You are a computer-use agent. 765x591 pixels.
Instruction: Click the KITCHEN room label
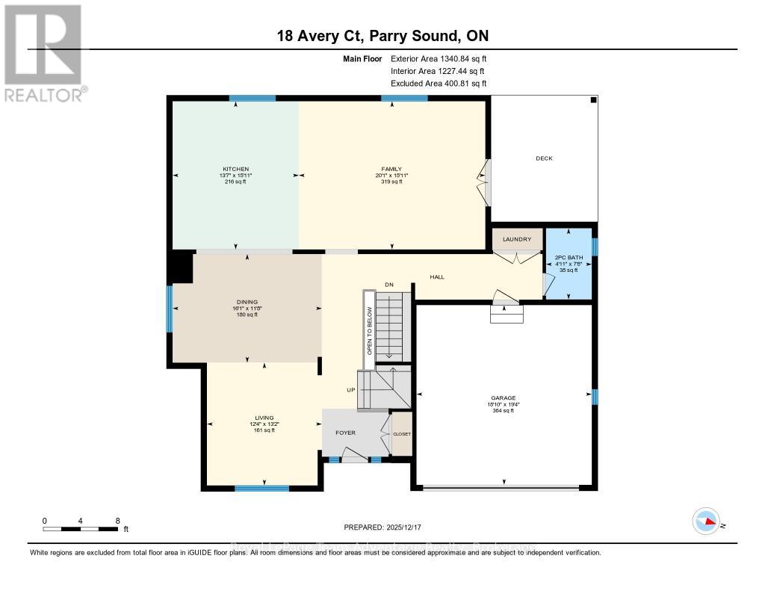point(235,169)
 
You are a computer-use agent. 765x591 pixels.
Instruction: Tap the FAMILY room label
point(392,169)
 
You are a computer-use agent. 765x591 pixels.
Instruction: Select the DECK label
point(544,158)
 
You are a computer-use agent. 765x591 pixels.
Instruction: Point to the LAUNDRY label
point(517,240)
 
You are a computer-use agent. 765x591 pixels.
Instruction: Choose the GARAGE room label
point(504,398)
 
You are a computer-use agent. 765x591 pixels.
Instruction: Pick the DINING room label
point(247,303)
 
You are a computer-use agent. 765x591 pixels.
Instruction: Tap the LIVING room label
point(264,418)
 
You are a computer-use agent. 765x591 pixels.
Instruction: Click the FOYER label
point(345,433)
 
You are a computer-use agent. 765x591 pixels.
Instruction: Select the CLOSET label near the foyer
point(402,434)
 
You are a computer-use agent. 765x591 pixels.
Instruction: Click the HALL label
point(437,277)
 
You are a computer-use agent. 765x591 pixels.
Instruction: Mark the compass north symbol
point(706,521)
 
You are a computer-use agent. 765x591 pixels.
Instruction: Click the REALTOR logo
point(45,52)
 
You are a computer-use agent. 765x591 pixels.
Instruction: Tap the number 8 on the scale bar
point(117,520)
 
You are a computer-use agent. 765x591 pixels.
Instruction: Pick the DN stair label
point(388,285)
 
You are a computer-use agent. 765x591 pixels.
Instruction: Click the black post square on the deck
point(593,100)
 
